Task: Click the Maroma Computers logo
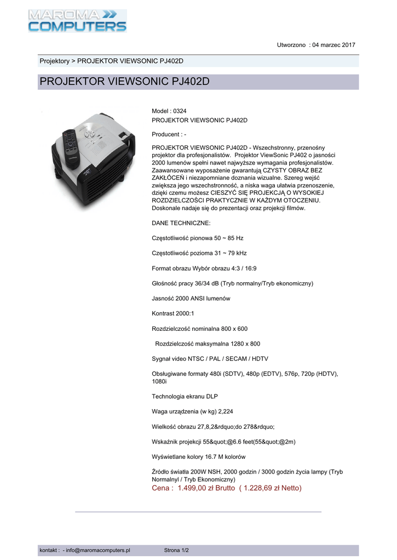77,20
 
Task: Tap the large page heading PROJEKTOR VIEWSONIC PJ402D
125,83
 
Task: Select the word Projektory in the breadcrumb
54,61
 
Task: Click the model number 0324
180,111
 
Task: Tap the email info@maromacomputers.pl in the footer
98,550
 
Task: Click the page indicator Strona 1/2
176,550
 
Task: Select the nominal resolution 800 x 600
234,329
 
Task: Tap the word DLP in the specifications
218,396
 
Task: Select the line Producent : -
169,135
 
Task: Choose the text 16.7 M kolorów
225,456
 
